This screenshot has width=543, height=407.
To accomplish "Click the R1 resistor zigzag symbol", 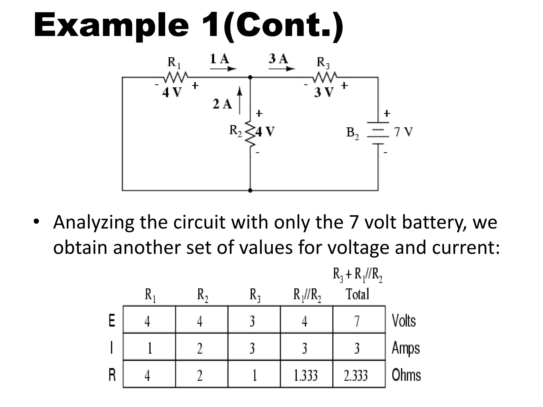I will pyautogui.click(x=176, y=77).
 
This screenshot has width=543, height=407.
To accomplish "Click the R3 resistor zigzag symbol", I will pyautogui.click(x=325, y=77).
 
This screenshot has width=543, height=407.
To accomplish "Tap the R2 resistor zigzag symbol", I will pyautogui.click(x=250, y=134).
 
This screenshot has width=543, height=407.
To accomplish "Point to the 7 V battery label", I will pyautogui.click(x=403, y=132).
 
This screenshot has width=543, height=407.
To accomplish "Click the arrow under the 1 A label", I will pyautogui.click(x=223, y=69).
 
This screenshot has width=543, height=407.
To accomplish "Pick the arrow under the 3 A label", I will pyautogui.click(x=282, y=69).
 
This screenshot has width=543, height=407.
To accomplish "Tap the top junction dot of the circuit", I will pyautogui.click(x=250, y=77).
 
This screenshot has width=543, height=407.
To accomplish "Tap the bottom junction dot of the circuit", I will pyautogui.click(x=250, y=190).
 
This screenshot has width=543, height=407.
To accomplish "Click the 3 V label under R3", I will pyautogui.click(x=324, y=92).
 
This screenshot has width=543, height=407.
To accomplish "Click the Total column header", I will pyautogui.click(x=357, y=294).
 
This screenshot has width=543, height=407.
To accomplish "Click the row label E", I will pyautogui.click(x=112, y=321).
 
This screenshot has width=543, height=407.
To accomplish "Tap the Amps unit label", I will pyautogui.click(x=406, y=348).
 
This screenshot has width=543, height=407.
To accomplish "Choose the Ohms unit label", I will pyautogui.click(x=406, y=375).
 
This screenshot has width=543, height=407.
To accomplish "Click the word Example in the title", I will pyautogui.click(x=111, y=25).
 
